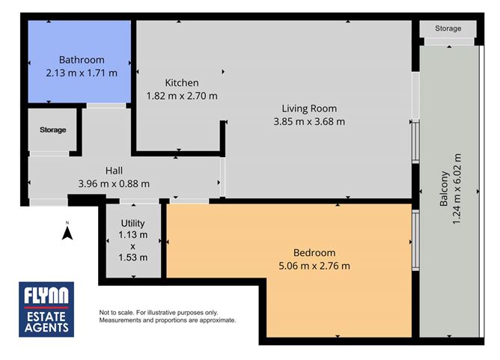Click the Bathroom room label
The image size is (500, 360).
click(82, 60)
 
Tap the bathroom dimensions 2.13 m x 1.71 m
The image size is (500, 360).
click(82, 73)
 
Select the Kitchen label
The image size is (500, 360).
click(182, 83)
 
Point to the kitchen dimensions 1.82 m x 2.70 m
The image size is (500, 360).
click(182, 96)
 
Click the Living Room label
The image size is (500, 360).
click(309, 109)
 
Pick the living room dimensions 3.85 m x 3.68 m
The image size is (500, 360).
click(309, 121)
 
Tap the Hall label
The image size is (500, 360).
click(114, 171)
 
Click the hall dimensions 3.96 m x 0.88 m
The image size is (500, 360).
click(114, 183)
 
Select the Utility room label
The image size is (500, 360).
click(133, 223)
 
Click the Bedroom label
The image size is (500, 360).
click(314, 253)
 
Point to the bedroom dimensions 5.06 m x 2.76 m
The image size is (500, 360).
click(314, 266)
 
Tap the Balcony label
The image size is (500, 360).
click(444, 189)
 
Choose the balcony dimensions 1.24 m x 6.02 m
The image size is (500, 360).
click(457, 189)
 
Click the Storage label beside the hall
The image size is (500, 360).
click(53, 129)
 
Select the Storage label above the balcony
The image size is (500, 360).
click(448, 28)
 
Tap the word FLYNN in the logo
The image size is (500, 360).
click(46, 296)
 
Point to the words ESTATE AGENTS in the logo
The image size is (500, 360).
click(46, 322)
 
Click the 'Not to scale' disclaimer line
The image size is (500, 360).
click(159, 313)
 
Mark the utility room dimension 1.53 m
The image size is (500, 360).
click(133, 257)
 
